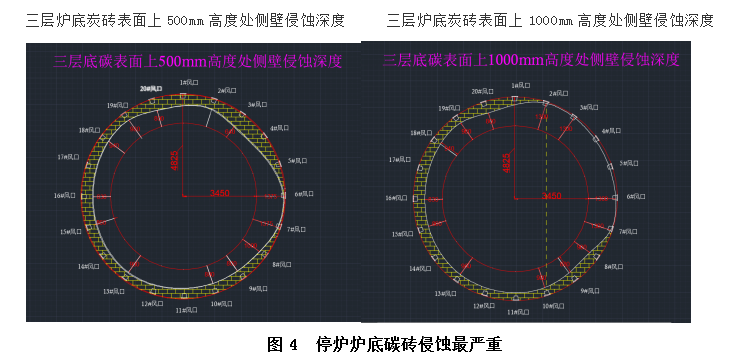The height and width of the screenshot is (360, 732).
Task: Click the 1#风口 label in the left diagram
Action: [x=188, y=82]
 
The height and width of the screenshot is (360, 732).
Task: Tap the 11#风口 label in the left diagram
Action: [x=185, y=310]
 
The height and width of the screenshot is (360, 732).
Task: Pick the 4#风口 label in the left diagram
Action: [x=280, y=128]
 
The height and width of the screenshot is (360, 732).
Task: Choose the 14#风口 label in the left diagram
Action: [x=88, y=267]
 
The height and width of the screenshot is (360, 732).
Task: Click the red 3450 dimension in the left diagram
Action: [x=219, y=192]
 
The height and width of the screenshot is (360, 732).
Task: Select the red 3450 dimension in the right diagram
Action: [x=551, y=196]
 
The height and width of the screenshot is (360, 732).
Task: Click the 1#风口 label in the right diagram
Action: [x=520, y=86]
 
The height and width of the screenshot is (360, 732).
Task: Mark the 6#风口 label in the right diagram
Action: [x=636, y=197]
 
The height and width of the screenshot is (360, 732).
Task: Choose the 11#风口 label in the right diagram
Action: [x=518, y=312]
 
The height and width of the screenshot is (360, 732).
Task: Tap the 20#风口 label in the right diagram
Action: [x=481, y=92]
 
